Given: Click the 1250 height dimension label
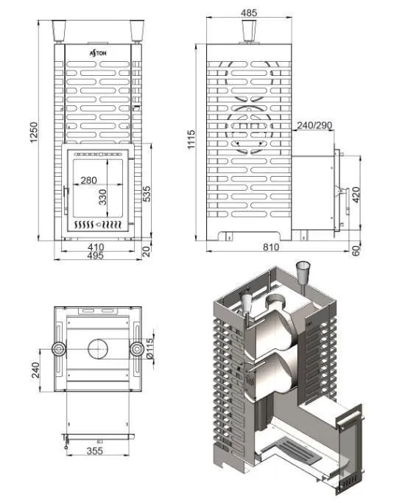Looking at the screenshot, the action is (34, 133).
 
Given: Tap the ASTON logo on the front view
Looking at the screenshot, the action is (98, 53).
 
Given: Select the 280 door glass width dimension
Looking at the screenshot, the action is (88, 180).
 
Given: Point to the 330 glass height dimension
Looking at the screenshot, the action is (102, 197).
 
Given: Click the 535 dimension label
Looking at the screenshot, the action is (147, 194).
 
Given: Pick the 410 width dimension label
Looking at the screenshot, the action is (96, 247).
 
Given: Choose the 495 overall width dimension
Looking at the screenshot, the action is (95, 256).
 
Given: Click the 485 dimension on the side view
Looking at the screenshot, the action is (249, 13).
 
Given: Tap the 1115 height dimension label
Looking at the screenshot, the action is (191, 139).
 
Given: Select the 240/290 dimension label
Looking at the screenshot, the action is (314, 125).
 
